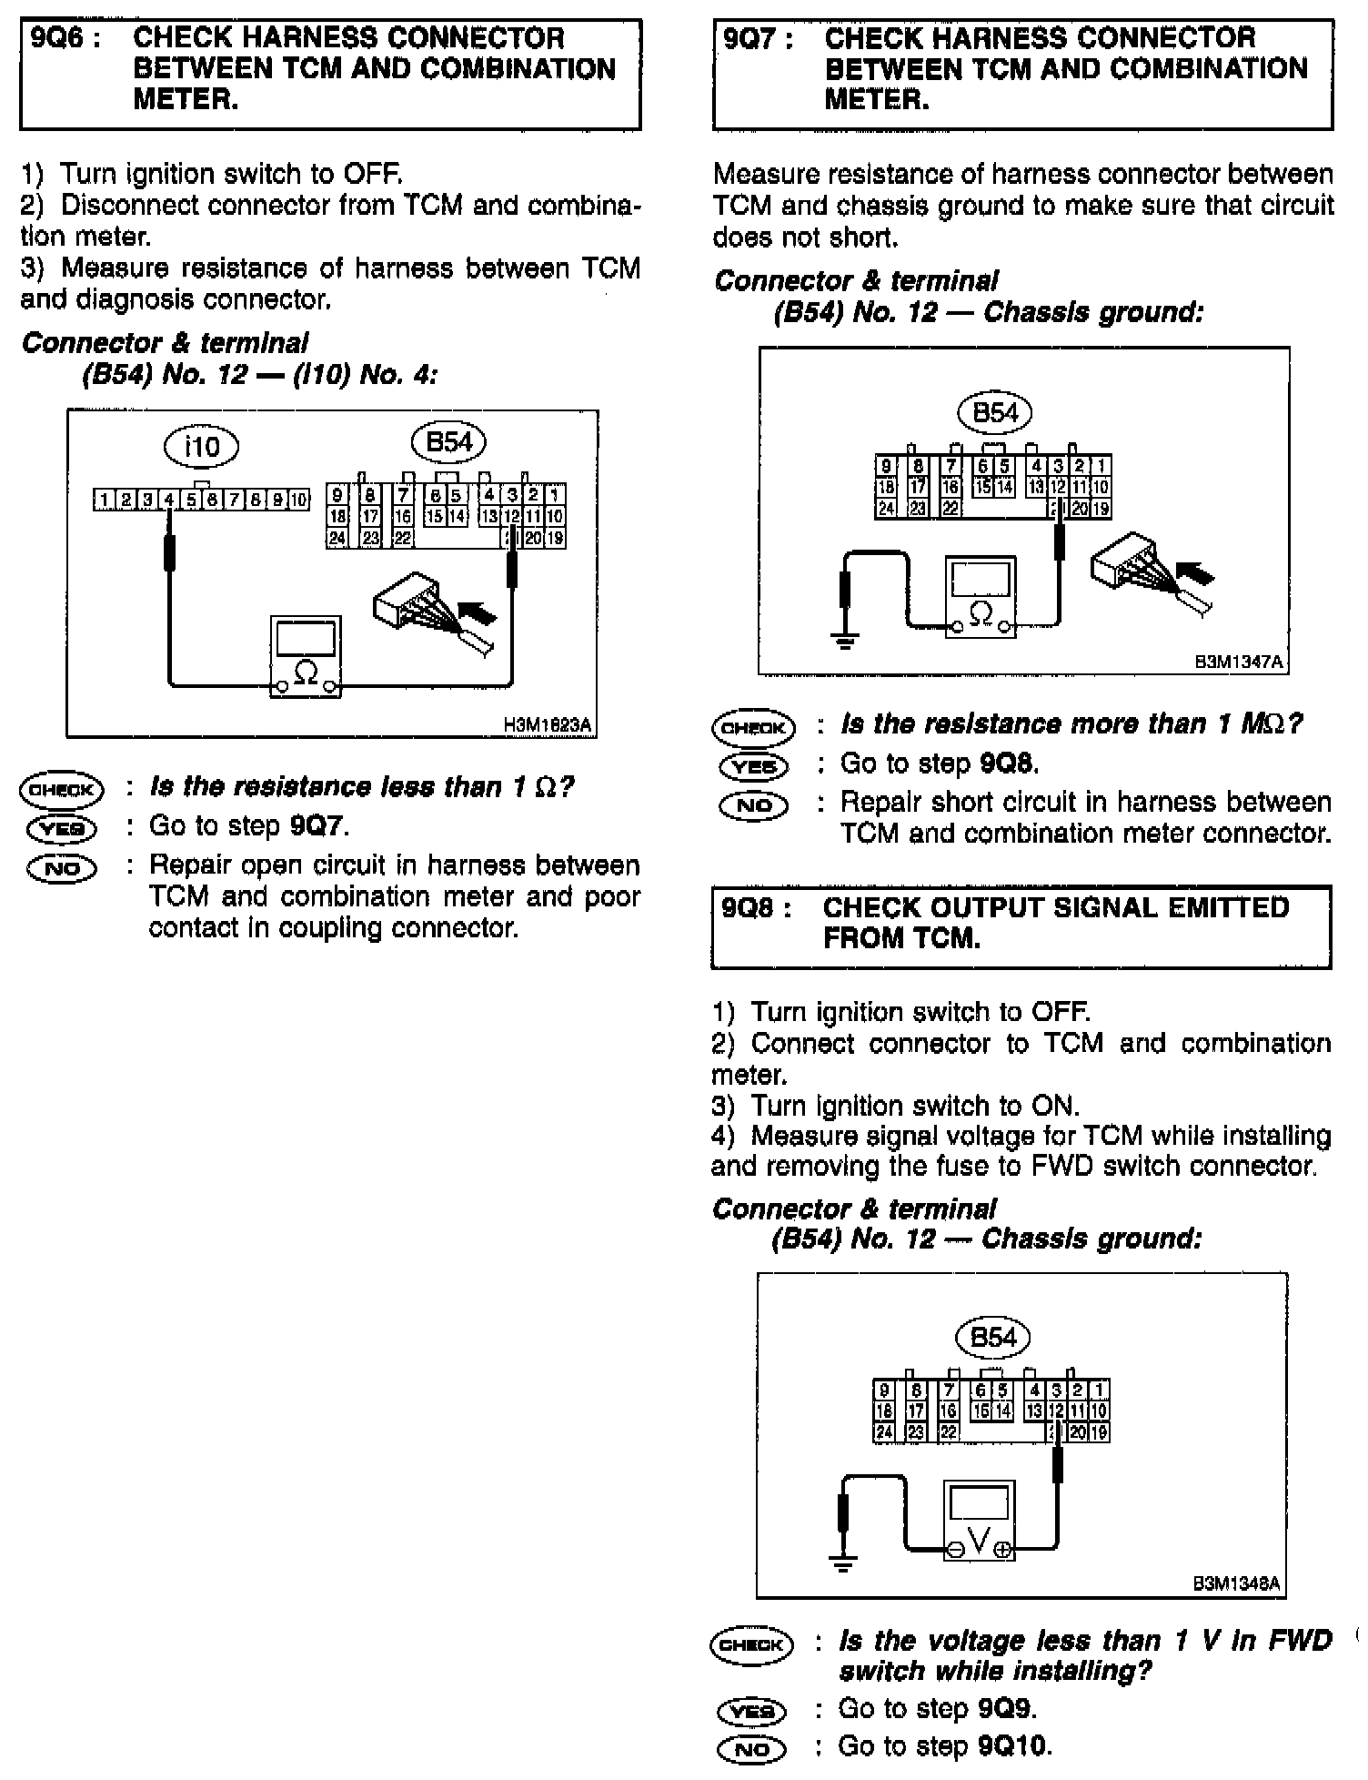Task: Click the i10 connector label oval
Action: click(201, 447)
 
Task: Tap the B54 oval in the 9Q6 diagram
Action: click(449, 442)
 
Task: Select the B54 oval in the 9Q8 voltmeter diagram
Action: click(993, 1337)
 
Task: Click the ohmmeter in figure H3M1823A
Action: click(307, 657)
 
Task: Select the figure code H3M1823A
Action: click(548, 724)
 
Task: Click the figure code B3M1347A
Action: click(1239, 662)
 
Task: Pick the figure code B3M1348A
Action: click(1237, 1584)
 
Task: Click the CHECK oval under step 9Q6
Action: click(62, 789)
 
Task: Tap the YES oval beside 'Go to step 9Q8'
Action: click(754, 766)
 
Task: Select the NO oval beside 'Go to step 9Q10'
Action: click(751, 1748)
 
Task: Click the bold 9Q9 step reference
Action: click(1007, 1709)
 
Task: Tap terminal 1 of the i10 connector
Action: click(104, 500)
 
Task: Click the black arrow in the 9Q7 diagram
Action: click(1194, 574)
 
